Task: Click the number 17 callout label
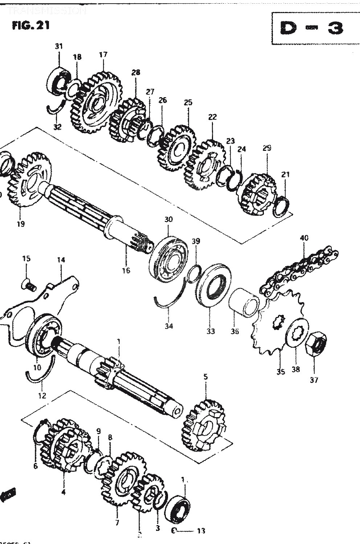point(103,55)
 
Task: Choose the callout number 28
point(136,73)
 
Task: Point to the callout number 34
point(169,326)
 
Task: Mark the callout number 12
point(42,396)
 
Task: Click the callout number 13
point(201,531)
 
